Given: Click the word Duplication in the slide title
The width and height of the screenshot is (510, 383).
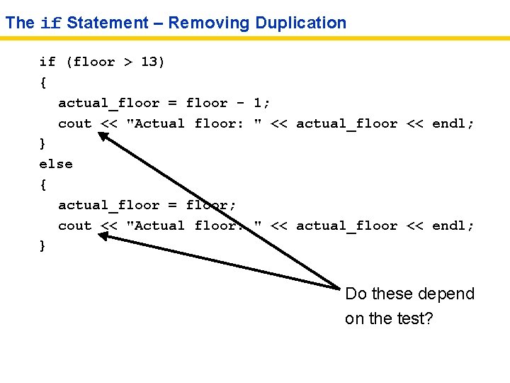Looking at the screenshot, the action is (x=301, y=23).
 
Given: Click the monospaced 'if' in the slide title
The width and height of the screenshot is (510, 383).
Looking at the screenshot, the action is (x=50, y=23).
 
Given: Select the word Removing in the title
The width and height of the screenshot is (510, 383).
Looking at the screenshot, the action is (x=209, y=23).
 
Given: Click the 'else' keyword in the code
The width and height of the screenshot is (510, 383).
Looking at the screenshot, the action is (x=56, y=164).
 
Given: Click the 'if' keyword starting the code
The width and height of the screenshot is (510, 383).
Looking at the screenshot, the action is (x=47, y=62).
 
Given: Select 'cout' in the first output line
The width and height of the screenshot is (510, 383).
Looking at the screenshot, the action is (x=75, y=123).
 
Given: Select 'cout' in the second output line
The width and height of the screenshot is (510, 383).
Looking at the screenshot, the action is (x=75, y=226).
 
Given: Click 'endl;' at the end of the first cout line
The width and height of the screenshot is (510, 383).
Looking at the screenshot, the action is (x=453, y=123).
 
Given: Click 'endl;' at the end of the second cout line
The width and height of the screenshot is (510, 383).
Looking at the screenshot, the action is (x=453, y=226).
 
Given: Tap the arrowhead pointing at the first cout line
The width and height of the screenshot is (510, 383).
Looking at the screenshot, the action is (x=104, y=137).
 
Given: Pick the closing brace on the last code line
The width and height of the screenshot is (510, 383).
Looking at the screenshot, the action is (x=43, y=245).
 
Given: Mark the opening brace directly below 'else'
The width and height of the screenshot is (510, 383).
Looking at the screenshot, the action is (x=43, y=184).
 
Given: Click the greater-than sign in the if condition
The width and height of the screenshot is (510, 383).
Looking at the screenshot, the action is (x=128, y=62).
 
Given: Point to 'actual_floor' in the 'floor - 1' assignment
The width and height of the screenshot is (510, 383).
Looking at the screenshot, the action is (x=109, y=104).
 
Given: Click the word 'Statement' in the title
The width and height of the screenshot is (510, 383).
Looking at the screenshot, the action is (x=108, y=23).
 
